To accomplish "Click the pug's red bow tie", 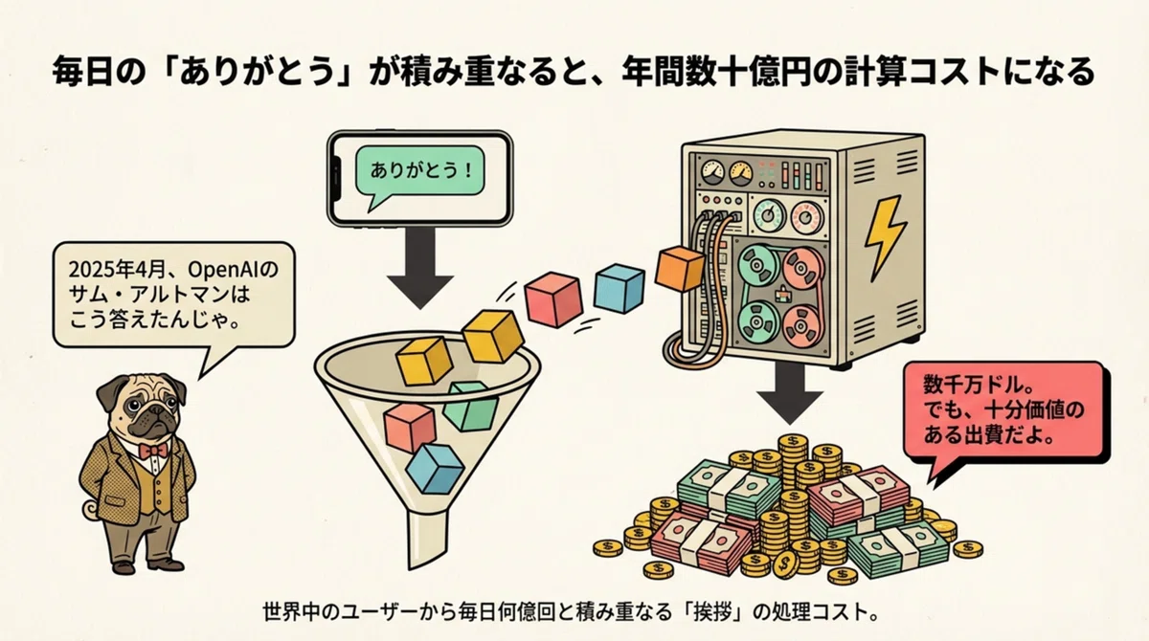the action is click(153, 451).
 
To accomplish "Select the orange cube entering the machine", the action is click(681, 269).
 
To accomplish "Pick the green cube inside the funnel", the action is click(470, 406).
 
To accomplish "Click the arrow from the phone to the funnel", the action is click(420, 268).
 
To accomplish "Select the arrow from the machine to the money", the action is click(790, 393).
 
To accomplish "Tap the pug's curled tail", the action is click(91, 509).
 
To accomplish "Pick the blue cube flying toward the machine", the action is click(619, 288).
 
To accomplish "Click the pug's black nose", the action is click(152, 413).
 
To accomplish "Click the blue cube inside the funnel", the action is click(434, 469).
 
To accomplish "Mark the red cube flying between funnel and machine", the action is click(553, 299).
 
